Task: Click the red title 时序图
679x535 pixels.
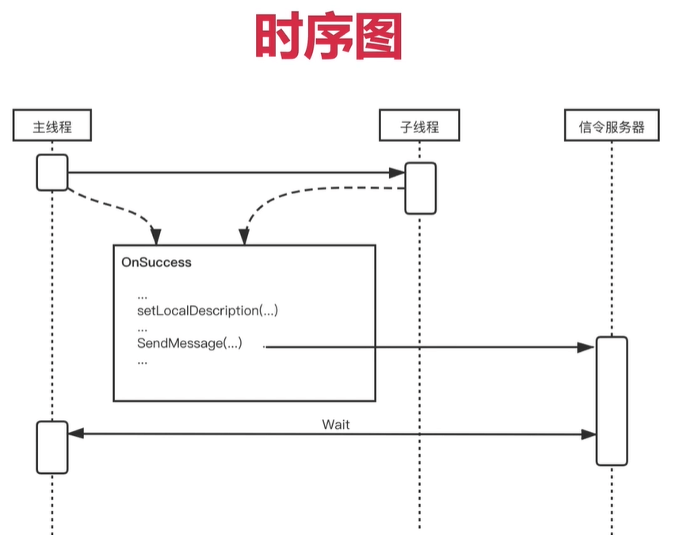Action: click(329, 36)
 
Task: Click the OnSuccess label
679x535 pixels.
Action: click(156, 262)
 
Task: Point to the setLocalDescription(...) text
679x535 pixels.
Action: click(208, 311)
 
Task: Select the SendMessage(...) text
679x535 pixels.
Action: click(189, 343)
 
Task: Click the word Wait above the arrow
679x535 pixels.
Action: click(336, 425)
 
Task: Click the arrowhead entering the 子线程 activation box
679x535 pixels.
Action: click(397, 173)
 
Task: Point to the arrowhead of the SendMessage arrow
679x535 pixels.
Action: click(586, 347)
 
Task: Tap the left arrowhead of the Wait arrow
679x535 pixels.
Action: click(76, 434)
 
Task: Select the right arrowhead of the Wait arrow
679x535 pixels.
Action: click(588, 434)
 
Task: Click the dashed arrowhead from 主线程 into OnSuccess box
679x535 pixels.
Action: click(156, 236)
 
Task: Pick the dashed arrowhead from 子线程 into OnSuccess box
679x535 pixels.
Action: click(244, 236)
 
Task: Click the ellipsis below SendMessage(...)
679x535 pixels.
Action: click(143, 362)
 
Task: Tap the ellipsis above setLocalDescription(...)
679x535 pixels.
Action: click(143, 297)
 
